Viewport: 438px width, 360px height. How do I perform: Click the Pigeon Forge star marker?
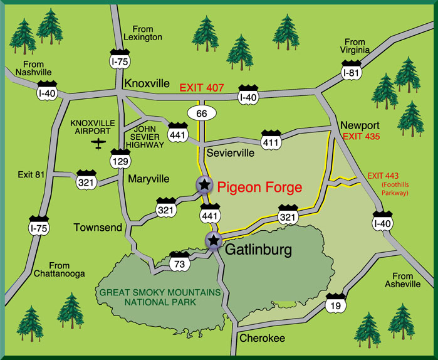pos(204,184)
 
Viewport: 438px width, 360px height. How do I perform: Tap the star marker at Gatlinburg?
pos(214,240)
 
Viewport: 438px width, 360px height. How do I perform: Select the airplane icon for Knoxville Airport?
pos(98,144)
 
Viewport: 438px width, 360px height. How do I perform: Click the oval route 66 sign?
pos(202,113)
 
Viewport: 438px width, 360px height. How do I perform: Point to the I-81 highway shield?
pos(352,70)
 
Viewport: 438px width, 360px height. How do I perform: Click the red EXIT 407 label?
pos(202,87)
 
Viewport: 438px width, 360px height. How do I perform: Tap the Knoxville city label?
pos(147,84)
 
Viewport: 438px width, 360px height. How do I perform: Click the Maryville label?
pos(149,179)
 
